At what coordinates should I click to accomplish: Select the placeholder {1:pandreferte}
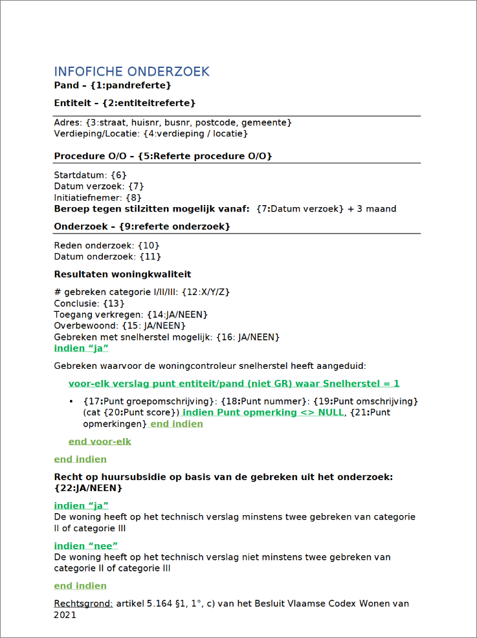coord(131,85)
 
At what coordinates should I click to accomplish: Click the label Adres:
coord(68,122)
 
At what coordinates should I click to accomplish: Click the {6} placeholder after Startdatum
coord(118,175)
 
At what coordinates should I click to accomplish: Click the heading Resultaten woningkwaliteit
coord(122,274)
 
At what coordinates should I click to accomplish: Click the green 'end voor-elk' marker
coord(100,441)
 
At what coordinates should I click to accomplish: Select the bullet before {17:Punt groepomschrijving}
coord(71,402)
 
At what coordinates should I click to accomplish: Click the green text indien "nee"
coord(85,545)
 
